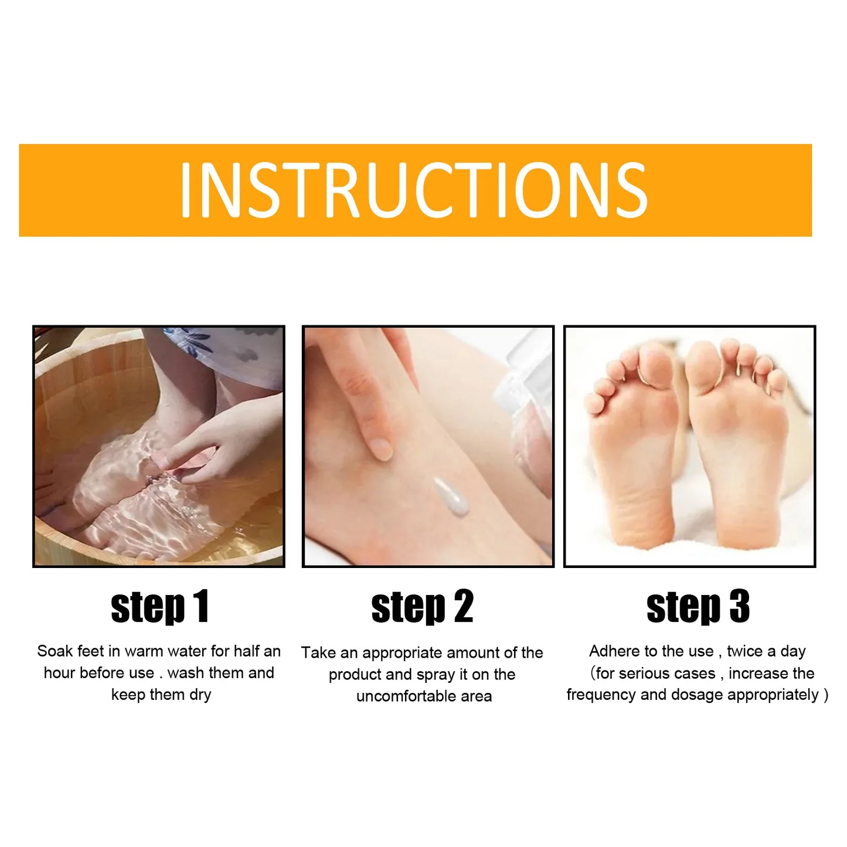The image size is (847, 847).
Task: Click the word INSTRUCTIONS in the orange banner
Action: coord(414,190)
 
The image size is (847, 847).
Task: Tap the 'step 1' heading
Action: coord(159,607)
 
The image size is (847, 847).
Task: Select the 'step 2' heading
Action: coord(422,607)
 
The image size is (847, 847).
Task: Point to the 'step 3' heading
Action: coord(698,607)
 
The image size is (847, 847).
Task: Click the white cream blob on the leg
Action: coord(451,496)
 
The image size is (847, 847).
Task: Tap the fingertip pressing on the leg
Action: coord(380,448)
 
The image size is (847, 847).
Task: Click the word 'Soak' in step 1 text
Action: coord(55,651)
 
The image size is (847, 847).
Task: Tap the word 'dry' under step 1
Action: coord(200,695)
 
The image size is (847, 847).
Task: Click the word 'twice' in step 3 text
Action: coord(744,651)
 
